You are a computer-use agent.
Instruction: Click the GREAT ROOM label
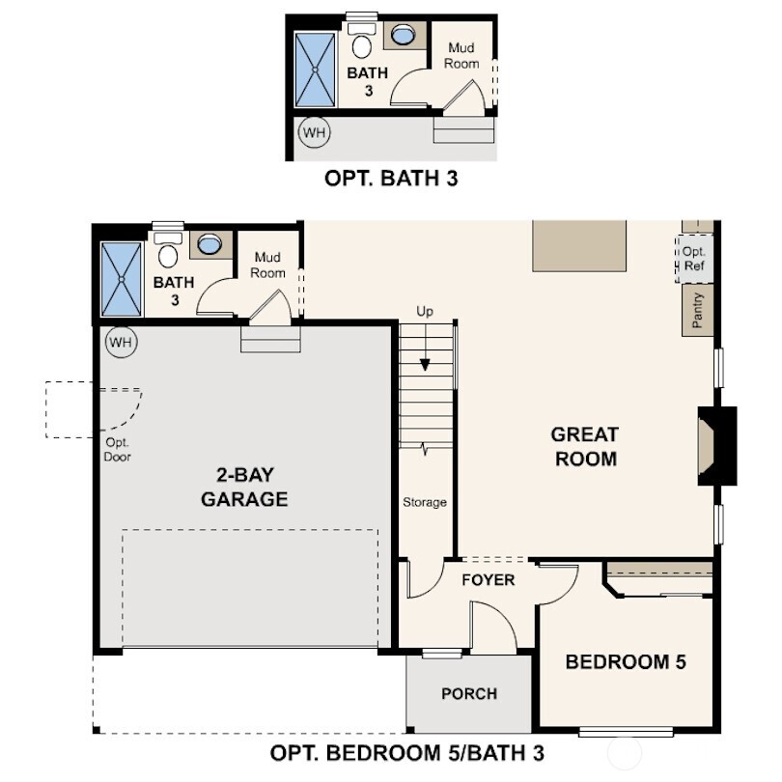pyautogui.click(x=585, y=446)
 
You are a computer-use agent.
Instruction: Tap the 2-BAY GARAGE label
pyautogui.click(x=244, y=488)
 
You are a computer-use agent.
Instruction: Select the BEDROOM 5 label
pyautogui.click(x=626, y=662)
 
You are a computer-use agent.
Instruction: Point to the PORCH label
pyautogui.click(x=469, y=693)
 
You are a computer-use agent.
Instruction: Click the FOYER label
pyautogui.click(x=488, y=580)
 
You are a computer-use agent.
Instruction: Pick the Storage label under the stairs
pyautogui.click(x=425, y=502)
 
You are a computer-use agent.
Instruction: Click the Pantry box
pyautogui.click(x=698, y=311)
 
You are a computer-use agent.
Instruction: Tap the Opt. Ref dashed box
pyautogui.click(x=694, y=259)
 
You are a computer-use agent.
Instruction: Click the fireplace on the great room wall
pyautogui.click(x=715, y=446)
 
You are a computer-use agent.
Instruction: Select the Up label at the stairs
pyautogui.click(x=425, y=312)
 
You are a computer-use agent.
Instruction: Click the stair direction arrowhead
pyautogui.click(x=425, y=365)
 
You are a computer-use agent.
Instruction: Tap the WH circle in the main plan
pyautogui.click(x=122, y=342)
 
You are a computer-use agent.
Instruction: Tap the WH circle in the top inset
pyautogui.click(x=313, y=131)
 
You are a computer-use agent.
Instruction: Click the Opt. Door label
pyautogui.click(x=117, y=450)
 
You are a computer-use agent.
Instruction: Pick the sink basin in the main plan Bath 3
pyautogui.click(x=209, y=244)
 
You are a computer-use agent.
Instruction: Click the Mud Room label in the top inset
pyautogui.click(x=461, y=55)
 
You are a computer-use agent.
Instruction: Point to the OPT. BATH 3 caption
pyautogui.click(x=390, y=179)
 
